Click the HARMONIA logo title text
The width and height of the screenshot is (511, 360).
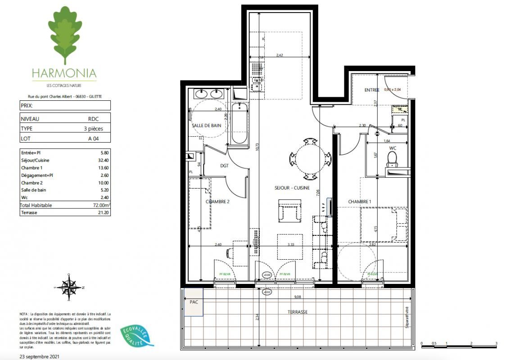pyautogui.click(x=64, y=73)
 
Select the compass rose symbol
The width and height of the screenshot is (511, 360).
pyautogui.click(x=69, y=287)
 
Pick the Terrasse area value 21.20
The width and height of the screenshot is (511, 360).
pyautogui.click(x=92, y=212)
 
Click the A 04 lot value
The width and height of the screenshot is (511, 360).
pyautogui.click(x=93, y=139)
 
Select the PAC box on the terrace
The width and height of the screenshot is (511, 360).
pyautogui.click(x=194, y=301)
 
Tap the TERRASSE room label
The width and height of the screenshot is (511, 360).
pyautogui.click(x=298, y=312)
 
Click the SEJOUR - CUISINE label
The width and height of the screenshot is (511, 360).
pyautogui.click(x=292, y=188)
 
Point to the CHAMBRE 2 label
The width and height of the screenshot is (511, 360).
pyautogui.click(x=217, y=202)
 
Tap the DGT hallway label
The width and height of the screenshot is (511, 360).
pyautogui.click(x=225, y=165)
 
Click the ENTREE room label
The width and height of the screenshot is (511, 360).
pyautogui.click(x=372, y=90)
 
